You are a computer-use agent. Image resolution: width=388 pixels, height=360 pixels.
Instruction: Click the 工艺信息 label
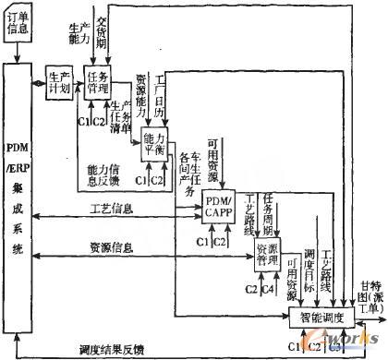[111, 208]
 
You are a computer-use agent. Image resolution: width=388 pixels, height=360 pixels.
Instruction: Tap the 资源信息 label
[111, 245]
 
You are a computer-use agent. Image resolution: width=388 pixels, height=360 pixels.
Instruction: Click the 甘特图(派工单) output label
[371, 294]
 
